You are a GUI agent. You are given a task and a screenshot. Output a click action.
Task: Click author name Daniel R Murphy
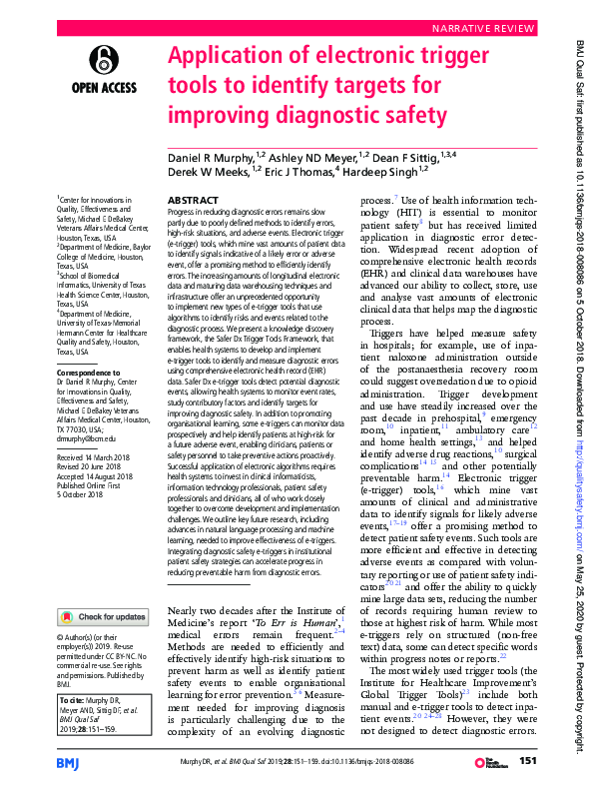tap(210, 158)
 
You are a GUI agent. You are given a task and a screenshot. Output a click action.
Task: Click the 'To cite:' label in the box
tap(73, 702)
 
